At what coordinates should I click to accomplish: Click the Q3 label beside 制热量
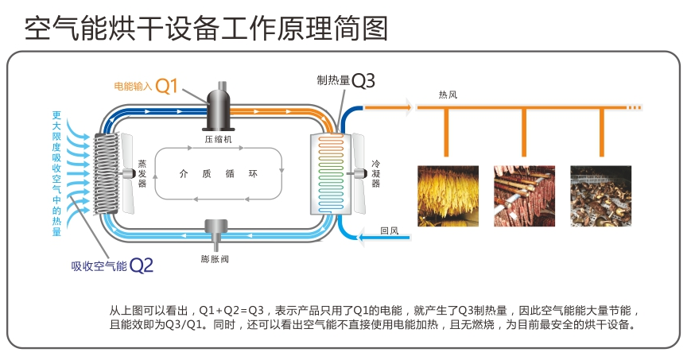click(363, 79)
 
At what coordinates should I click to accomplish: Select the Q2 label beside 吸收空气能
click(141, 265)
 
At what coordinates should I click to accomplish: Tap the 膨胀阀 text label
click(215, 258)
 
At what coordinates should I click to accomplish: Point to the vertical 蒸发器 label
click(142, 172)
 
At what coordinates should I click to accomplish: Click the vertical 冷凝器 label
click(375, 172)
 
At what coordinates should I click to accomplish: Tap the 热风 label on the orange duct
click(448, 95)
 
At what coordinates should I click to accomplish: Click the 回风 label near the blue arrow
click(389, 231)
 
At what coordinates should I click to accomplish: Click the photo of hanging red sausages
click(525, 195)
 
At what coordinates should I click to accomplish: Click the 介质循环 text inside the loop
click(218, 173)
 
